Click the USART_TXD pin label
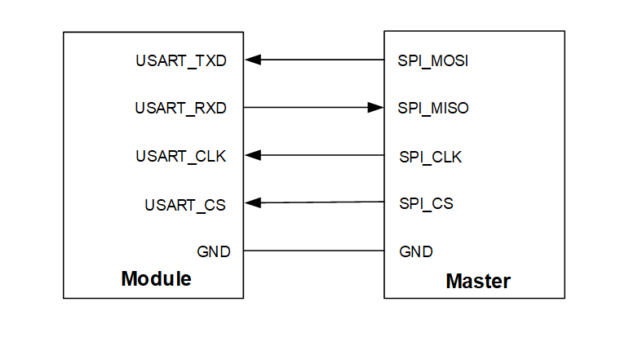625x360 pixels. pyautogui.click(x=181, y=60)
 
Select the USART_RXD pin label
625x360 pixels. pyautogui.click(x=181, y=108)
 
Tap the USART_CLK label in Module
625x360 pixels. pyautogui.click(x=181, y=156)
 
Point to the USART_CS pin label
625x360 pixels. pyautogui.click(x=185, y=204)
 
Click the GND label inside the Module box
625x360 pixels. pyautogui.click(x=214, y=251)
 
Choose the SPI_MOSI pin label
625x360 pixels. pyautogui.click(x=432, y=60)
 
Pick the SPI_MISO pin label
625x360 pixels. pyautogui.click(x=433, y=108)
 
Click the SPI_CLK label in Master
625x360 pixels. pyautogui.click(x=431, y=156)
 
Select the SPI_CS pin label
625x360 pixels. pyautogui.click(x=427, y=203)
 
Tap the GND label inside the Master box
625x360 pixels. pyautogui.click(x=416, y=251)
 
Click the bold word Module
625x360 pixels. pyautogui.click(x=156, y=278)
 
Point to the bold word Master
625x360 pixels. pyautogui.click(x=478, y=282)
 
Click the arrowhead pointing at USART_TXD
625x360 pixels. pyautogui.click(x=252, y=60)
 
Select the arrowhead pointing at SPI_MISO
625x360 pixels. pyautogui.click(x=375, y=107)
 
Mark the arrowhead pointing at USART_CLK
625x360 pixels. pyautogui.click(x=252, y=155)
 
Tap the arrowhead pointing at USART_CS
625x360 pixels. pyautogui.click(x=252, y=203)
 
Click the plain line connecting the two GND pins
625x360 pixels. pyautogui.click(x=314, y=251)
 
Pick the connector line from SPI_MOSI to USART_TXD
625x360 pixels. pyautogui.click(x=322, y=60)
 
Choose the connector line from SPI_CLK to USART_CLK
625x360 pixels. pyautogui.click(x=322, y=155)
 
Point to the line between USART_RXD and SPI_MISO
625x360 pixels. pyautogui.click(x=306, y=107)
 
